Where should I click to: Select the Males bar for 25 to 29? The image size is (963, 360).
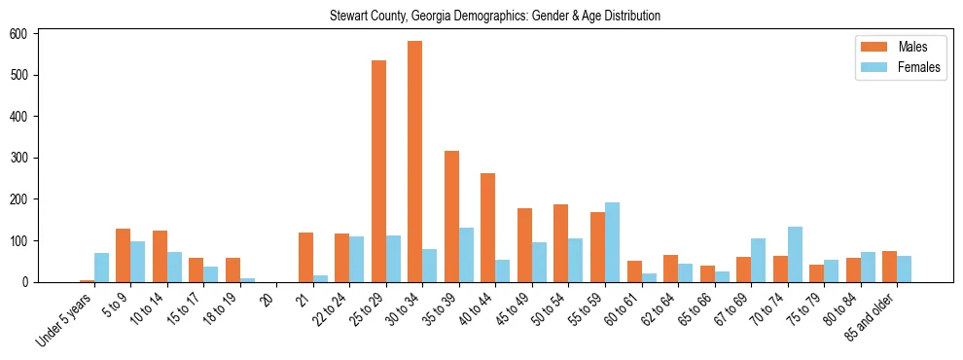(378, 171)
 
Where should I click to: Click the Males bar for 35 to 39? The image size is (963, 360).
(451, 216)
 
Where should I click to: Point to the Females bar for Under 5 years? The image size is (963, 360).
(101, 268)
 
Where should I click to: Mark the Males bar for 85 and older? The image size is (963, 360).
(889, 267)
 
